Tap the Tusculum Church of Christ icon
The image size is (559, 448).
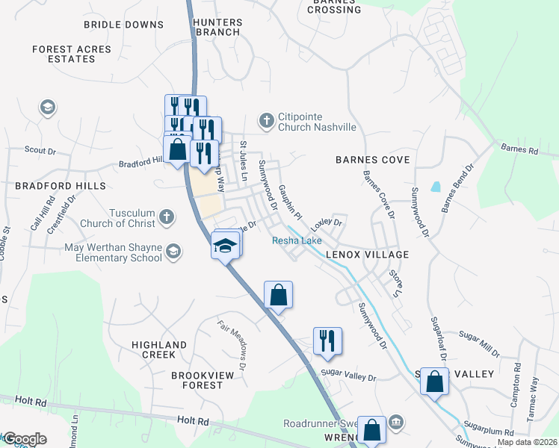coord(167,217)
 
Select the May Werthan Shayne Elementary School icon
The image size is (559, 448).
coord(173,252)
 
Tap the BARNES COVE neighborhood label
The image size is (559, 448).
coord(372,160)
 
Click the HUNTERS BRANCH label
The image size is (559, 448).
coord(217,28)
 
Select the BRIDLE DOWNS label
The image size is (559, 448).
coord(123,25)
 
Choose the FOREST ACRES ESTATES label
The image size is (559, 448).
coord(72,55)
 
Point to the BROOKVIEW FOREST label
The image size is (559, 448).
coord(197,380)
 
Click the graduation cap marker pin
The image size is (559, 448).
coord(225,246)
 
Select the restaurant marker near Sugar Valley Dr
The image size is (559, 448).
coord(327,340)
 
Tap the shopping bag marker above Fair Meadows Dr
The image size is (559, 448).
coord(278,294)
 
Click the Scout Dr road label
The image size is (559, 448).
coord(40,149)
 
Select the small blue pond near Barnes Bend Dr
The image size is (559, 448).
coord(436,187)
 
